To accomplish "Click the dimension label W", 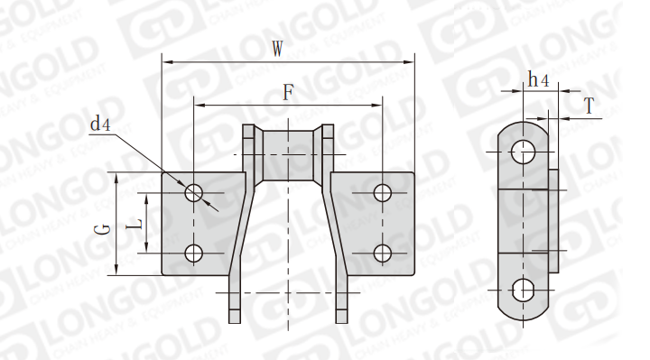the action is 277,49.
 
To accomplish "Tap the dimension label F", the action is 288,92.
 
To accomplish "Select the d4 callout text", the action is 100,124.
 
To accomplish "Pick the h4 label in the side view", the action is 538,79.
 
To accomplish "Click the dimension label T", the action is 589,106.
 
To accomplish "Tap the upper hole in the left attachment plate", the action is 193,193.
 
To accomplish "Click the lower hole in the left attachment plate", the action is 193,254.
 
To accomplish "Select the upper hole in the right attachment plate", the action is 382,193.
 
